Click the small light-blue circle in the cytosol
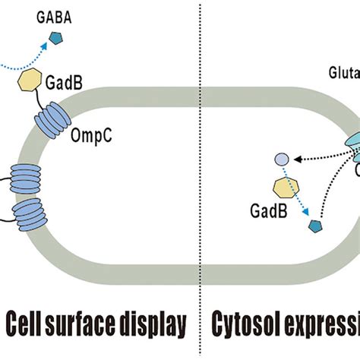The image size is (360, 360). tap(280, 159)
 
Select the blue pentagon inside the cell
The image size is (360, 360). tap(314, 225)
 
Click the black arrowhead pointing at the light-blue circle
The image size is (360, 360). tap(294, 159)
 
